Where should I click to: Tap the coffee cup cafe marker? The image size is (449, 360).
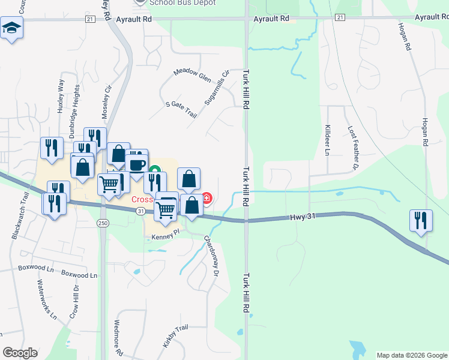pos(137,164)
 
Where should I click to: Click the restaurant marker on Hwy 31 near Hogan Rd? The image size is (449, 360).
pos(420,220)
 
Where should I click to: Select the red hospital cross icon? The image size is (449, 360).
pos(207,197)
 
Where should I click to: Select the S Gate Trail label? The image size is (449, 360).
pos(181,109)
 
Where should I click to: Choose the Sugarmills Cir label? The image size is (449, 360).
pos(217,88)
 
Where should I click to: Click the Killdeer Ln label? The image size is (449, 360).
pos(328,141)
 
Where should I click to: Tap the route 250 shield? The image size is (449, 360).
pos(103,223)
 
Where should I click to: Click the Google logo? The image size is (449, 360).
pos(20,353)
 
